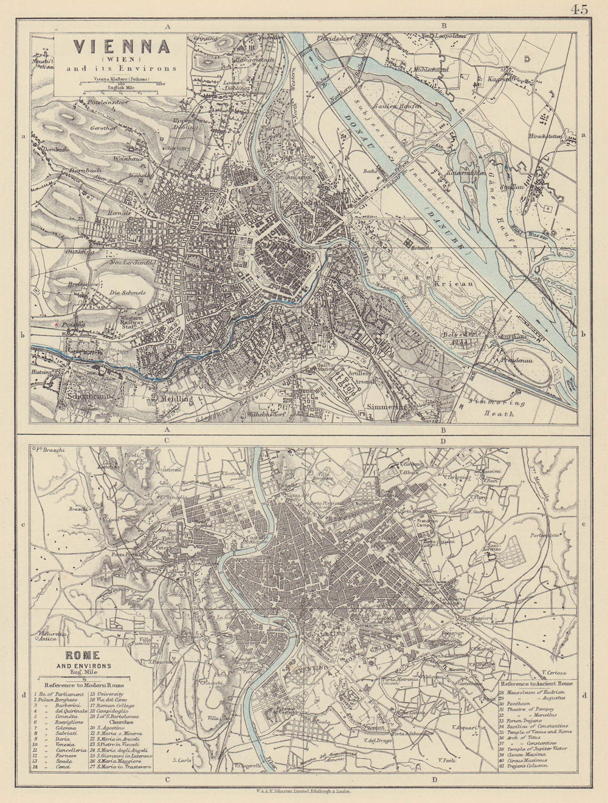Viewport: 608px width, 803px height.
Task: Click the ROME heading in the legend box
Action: (83, 656)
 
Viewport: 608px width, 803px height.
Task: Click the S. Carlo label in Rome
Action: (182, 760)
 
